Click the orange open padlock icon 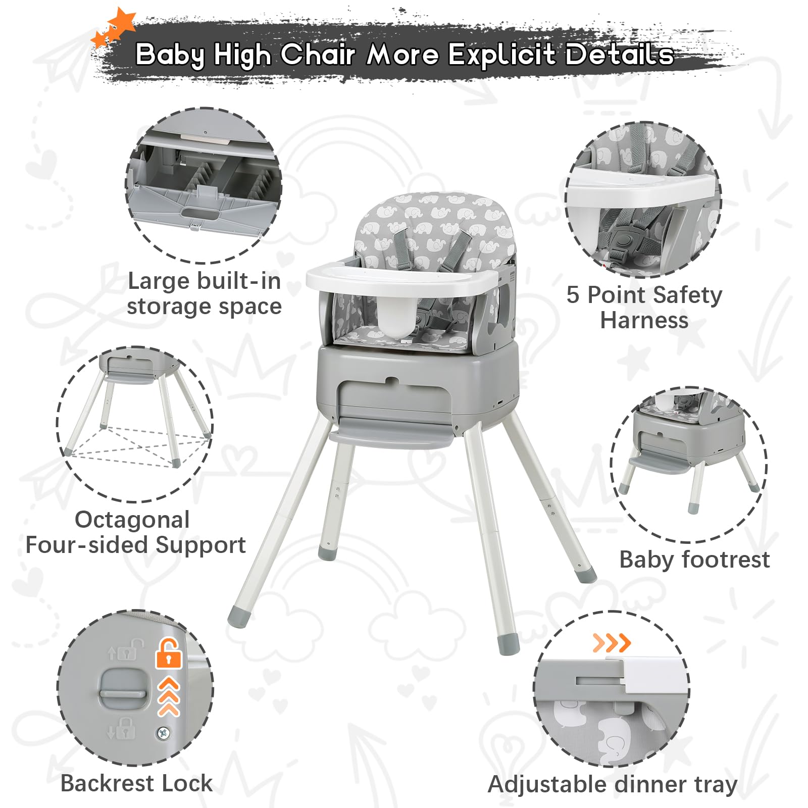[x=169, y=653]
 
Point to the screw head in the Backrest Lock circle [x=163, y=733]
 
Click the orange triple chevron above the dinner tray [x=612, y=643]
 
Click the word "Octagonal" [x=132, y=520]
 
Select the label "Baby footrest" [x=694, y=560]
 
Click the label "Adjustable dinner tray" [x=613, y=785]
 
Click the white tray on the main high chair [x=404, y=280]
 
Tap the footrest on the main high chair [x=391, y=437]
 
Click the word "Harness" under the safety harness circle [x=644, y=320]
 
